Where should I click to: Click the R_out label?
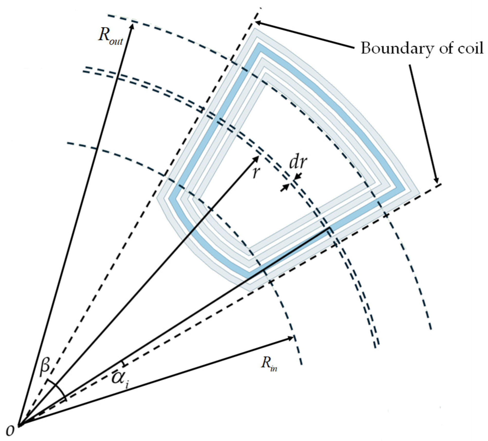point(110,38)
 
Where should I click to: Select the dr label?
point(298,162)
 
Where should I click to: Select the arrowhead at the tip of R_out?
point(132,26)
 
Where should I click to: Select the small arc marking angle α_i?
point(124,363)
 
